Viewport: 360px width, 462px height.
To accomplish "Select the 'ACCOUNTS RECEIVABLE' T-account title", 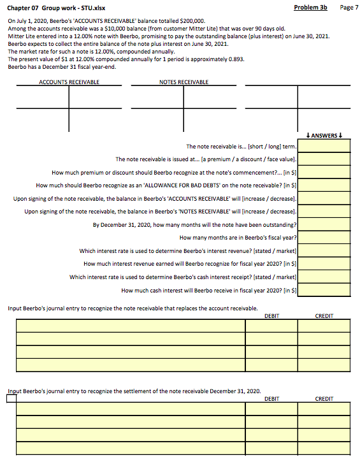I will [69, 82].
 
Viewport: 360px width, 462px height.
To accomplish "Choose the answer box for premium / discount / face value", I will [324, 159].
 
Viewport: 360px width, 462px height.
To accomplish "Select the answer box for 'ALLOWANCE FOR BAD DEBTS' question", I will [324, 185].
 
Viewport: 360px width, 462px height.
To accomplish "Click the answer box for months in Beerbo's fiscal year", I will [324, 238].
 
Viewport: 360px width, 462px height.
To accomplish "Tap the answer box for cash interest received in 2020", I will [324, 290].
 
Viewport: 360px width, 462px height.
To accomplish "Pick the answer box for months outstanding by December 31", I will [324, 224].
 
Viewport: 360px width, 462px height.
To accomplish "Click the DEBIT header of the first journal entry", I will [271, 315].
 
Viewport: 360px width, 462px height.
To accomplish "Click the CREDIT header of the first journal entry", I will [324, 315].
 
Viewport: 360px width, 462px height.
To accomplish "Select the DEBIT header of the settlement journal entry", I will [271, 399].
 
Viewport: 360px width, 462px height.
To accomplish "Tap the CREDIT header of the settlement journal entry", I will [324, 399].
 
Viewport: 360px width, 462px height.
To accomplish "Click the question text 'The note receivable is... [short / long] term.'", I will [241, 147].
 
